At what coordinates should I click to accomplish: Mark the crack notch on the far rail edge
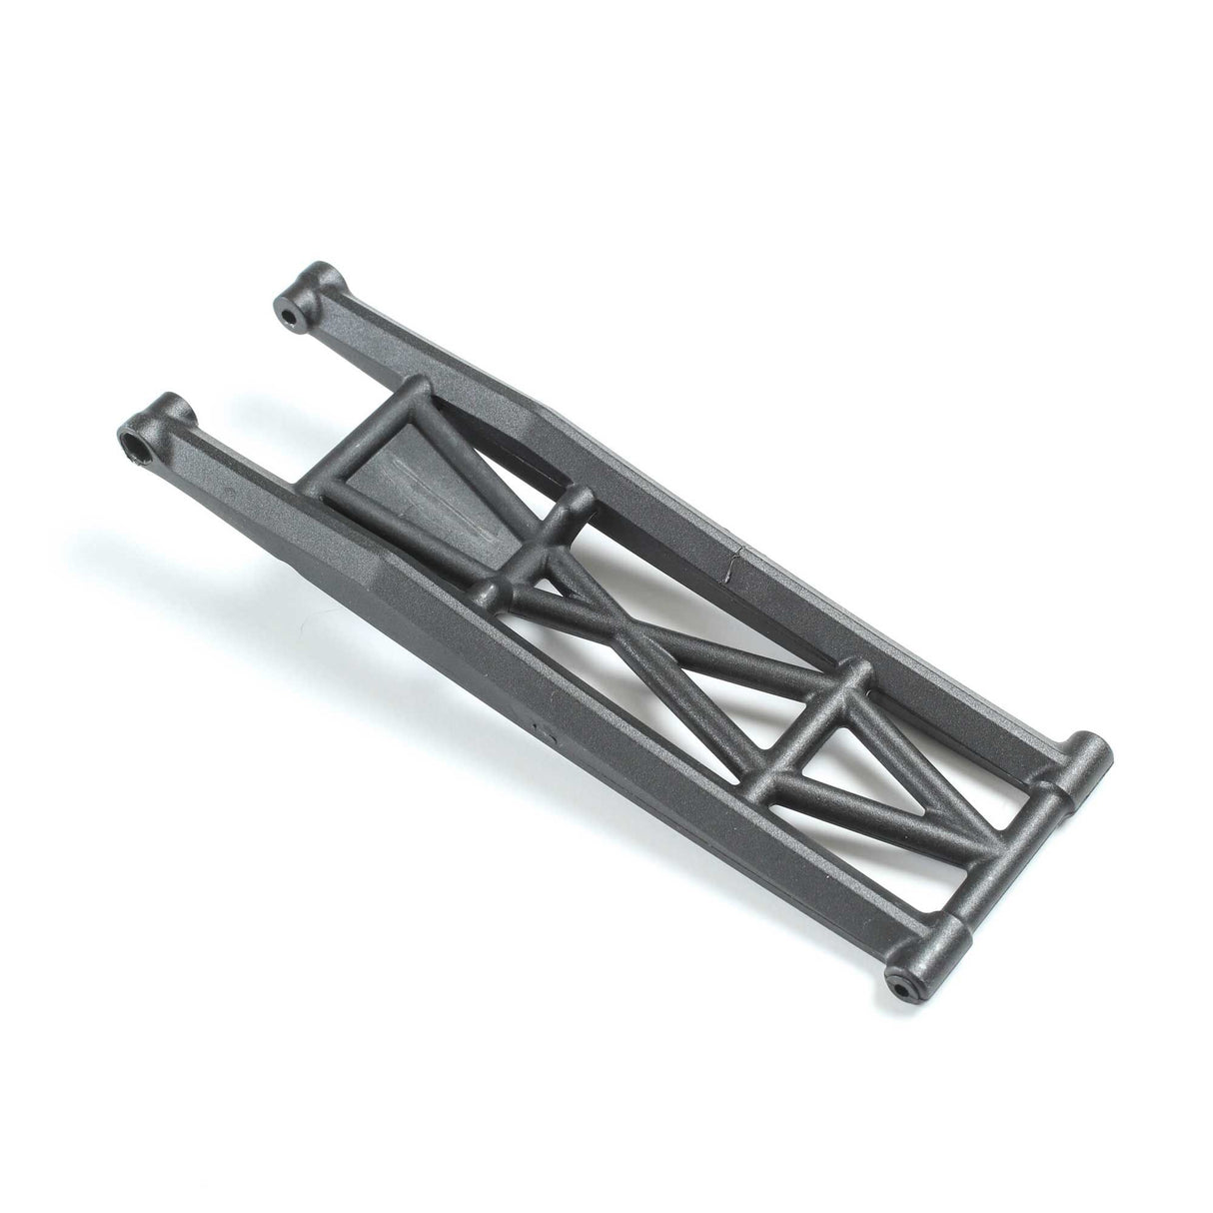coord(731,565)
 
